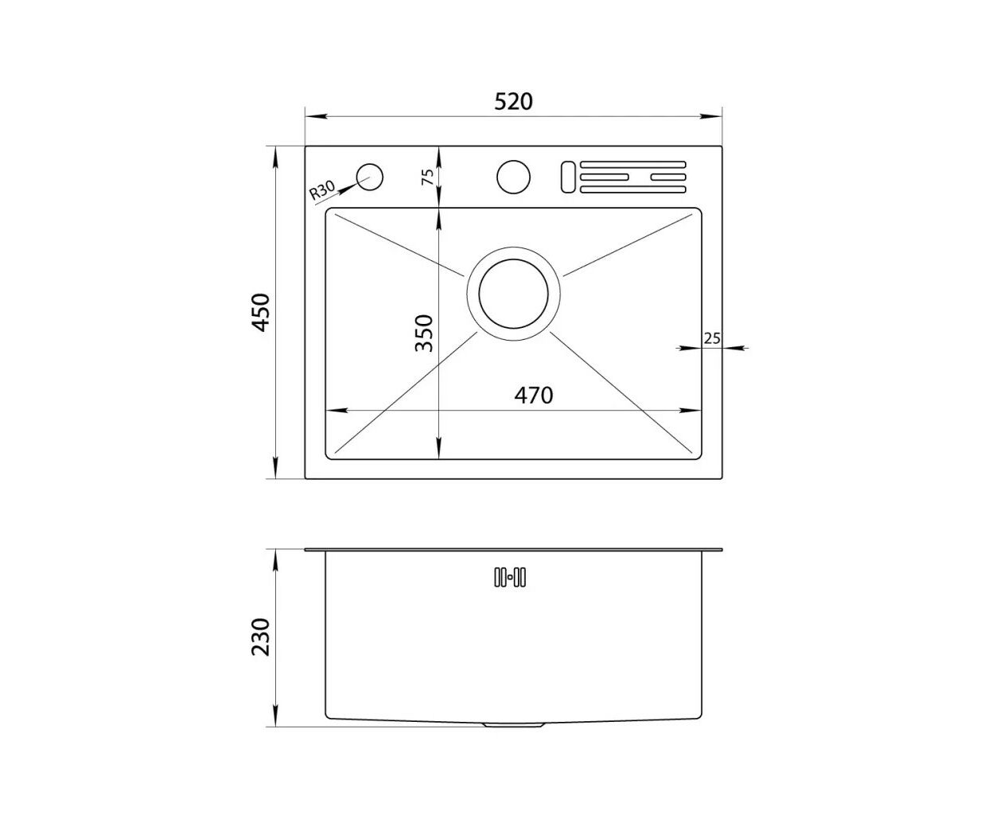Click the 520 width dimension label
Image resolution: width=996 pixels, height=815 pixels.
[513, 102]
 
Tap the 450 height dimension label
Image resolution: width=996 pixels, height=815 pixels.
[261, 312]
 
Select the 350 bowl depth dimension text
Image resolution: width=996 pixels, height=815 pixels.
[424, 333]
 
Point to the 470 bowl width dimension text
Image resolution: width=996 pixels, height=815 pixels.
[533, 396]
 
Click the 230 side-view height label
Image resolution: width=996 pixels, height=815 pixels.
[261, 637]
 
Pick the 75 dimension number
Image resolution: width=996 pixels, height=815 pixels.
[427, 177]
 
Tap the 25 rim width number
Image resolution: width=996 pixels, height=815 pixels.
[712, 338]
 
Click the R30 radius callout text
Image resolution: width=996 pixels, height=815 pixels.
[321, 190]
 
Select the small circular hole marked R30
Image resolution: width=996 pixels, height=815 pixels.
[369, 177]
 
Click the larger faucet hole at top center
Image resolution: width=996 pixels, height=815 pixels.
[513, 177]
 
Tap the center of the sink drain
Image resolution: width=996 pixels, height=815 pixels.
[513, 294]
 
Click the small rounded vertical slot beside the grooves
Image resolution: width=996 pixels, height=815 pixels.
[568, 177]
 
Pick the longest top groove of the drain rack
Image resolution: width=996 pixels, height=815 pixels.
[632, 165]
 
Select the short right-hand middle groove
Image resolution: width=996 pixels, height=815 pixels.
[668, 177]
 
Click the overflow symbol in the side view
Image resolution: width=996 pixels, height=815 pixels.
[510, 578]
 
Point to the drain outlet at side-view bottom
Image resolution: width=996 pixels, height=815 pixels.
[513, 724]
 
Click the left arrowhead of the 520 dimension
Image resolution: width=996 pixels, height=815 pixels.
[316, 116]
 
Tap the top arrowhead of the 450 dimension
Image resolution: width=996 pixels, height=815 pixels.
[275, 158]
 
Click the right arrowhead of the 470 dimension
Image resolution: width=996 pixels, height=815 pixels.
[690, 411]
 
